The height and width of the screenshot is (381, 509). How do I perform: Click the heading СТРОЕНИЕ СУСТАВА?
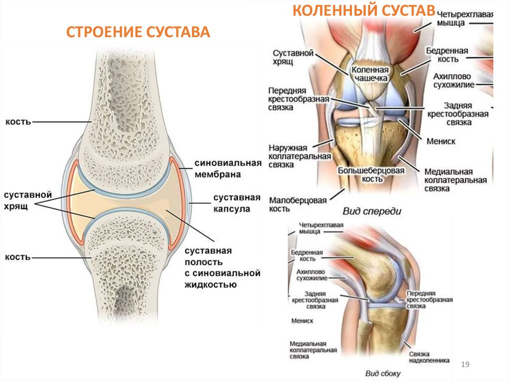tap(139, 33)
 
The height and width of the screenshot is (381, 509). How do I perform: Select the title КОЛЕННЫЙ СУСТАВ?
tap(364, 10)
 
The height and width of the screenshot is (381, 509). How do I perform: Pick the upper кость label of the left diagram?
tap(18, 121)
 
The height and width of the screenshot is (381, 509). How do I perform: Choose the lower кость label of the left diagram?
tap(18, 257)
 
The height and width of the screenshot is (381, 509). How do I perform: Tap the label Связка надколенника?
tap(429, 357)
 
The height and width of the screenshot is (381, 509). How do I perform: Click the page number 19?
tap(465, 365)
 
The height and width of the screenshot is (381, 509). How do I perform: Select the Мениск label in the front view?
tap(440, 142)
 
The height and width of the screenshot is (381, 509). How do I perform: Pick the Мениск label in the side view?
tap(303, 321)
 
